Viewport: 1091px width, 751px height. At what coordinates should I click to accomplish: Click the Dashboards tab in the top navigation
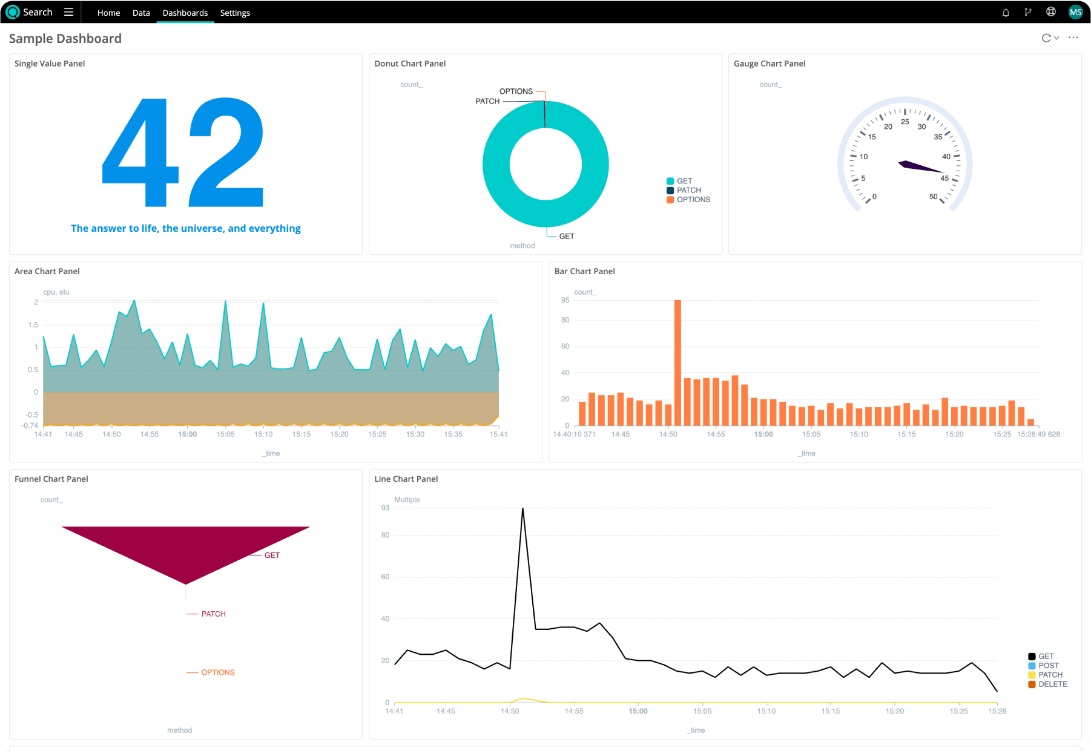(x=185, y=13)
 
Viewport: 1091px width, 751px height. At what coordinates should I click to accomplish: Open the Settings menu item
(x=235, y=13)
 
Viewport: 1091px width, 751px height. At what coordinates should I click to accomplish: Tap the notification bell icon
(x=1006, y=12)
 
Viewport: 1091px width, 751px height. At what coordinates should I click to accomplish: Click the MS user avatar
(x=1075, y=12)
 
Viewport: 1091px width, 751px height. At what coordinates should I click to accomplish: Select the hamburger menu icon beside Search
(x=68, y=12)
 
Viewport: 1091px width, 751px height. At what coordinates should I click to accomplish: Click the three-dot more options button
(x=1073, y=38)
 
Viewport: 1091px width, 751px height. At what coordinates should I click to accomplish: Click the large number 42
(x=183, y=152)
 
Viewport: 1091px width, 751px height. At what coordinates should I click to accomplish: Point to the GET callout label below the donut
(x=567, y=236)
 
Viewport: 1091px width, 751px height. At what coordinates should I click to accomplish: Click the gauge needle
(x=920, y=167)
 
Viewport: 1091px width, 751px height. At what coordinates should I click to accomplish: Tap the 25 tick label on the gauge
(x=905, y=122)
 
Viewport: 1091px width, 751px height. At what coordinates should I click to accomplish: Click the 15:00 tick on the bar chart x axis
(x=763, y=435)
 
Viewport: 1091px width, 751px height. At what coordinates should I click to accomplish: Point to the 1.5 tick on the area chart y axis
(x=33, y=325)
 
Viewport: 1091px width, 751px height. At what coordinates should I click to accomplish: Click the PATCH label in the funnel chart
(x=213, y=614)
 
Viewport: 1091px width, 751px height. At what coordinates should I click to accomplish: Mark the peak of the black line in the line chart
(x=522, y=509)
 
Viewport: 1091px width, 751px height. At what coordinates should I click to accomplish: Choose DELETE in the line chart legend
(x=1052, y=684)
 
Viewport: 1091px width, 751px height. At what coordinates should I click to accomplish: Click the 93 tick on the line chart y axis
(x=385, y=508)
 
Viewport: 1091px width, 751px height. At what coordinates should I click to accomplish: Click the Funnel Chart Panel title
(x=51, y=479)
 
